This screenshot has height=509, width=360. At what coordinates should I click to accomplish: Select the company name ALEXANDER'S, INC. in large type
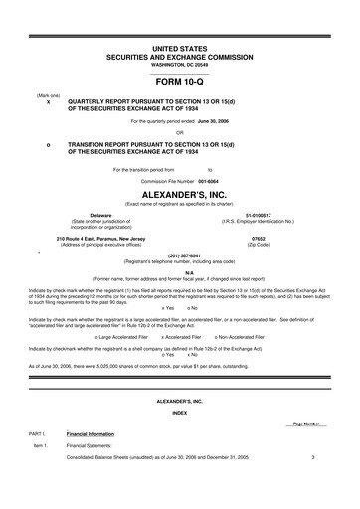coord(180,196)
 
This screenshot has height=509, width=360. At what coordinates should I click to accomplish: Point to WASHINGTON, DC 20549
coord(180,65)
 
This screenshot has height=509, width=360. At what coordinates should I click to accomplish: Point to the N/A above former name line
coord(180,271)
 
